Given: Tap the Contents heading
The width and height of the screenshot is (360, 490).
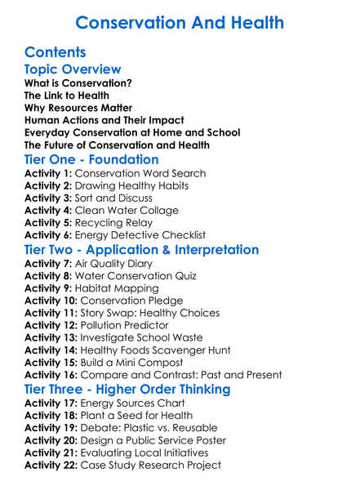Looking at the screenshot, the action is coord(56,51).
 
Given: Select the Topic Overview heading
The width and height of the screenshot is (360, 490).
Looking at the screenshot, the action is coord(73,69).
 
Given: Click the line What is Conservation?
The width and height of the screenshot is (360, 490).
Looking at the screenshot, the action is coord(78,83).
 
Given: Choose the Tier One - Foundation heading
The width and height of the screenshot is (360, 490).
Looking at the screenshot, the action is coord(91,159).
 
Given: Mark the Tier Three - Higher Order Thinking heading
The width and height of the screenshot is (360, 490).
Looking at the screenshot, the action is coord(127,389).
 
